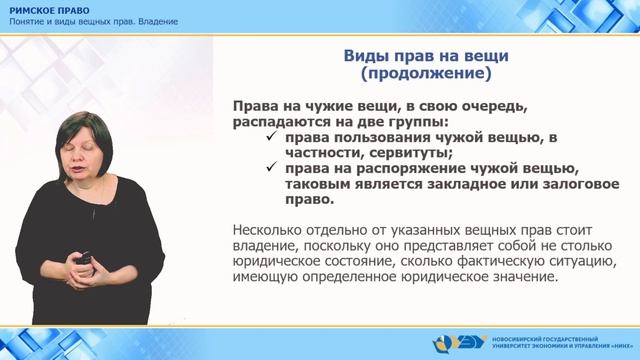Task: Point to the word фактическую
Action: point(501,263)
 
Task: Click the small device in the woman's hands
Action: point(85,263)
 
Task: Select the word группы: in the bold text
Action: point(420,121)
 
